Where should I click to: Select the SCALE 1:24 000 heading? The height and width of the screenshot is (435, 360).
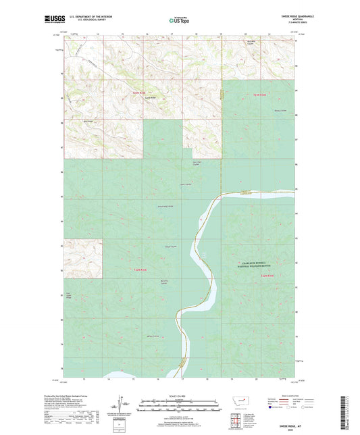point(179,395)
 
